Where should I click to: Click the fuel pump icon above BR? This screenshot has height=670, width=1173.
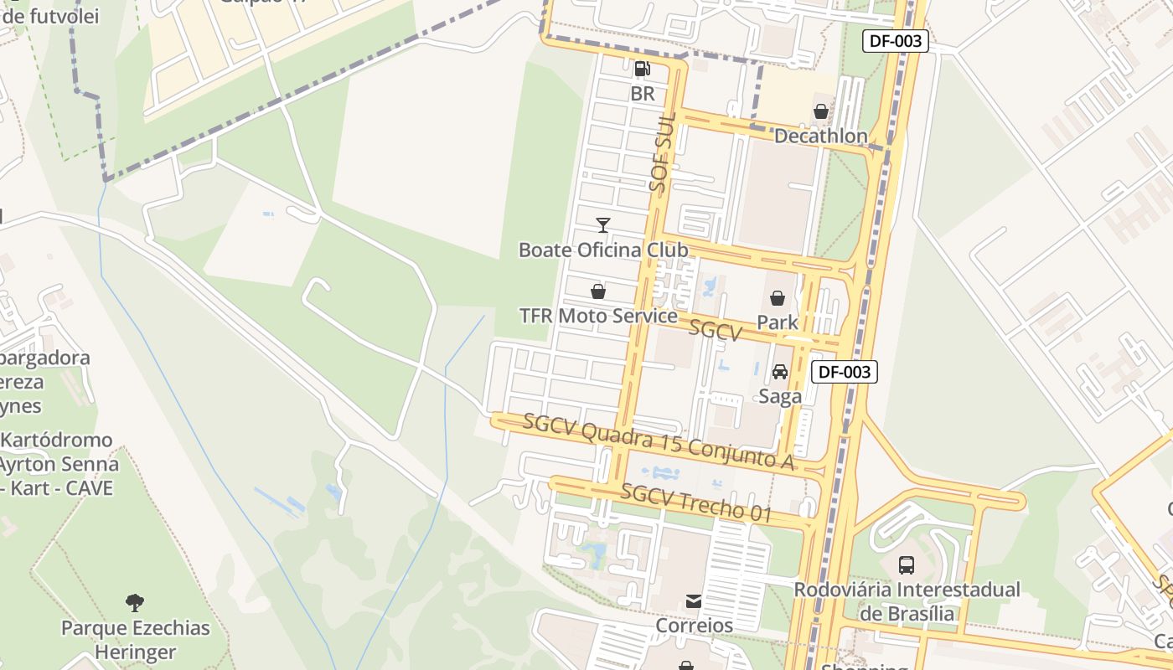pyautogui.click(x=642, y=69)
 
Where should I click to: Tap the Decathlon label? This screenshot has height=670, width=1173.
pyautogui.click(x=820, y=136)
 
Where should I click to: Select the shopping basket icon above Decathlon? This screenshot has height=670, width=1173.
pyautogui.click(x=820, y=111)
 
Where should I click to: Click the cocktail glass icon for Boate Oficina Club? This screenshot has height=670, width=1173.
pyautogui.click(x=602, y=224)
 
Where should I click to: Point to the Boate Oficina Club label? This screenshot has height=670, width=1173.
pyautogui.click(x=603, y=250)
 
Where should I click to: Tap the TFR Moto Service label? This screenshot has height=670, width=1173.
pyautogui.click(x=598, y=316)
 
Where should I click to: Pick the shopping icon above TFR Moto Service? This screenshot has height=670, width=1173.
pyautogui.click(x=598, y=291)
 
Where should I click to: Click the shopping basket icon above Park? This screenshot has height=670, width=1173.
pyautogui.click(x=778, y=298)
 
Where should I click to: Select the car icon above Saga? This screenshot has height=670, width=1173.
pyautogui.click(x=780, y=372)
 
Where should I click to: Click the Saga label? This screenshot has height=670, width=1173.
pyautogui.click(x=780, y=396)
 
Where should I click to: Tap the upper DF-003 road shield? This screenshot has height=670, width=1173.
pyautogui.click(x=895, y=40)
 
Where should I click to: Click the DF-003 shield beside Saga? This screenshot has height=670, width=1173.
pyautogui.click(x=845, y=372)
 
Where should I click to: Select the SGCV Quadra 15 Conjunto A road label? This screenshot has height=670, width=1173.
pyautogui.click(x=658, y=441)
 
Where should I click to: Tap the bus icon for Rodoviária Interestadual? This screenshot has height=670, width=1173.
pyautogui.click(x=907, y=564)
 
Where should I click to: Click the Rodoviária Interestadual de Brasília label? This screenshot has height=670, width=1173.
pyautogui.click(x=907, y=600)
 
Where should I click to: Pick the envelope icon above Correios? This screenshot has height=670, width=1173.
pyautogui.click(x=694, y=601)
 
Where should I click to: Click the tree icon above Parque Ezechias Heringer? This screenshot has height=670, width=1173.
pyautogui.click(x=135, y=602)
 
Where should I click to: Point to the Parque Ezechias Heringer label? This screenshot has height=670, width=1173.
pyautogui.click(x=135, y=640)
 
